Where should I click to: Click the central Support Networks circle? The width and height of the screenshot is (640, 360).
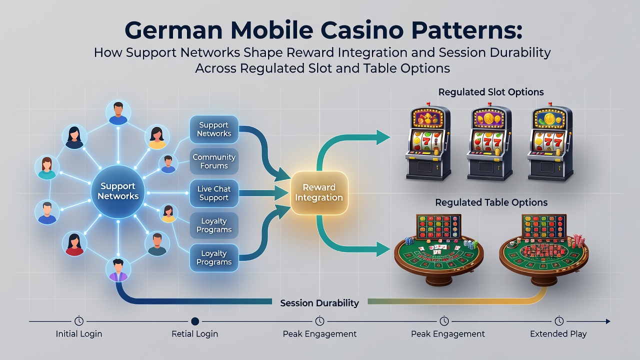point(118,191)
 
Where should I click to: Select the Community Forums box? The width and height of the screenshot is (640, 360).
point(214,161)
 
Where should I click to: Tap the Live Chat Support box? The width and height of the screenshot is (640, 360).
point(214,193)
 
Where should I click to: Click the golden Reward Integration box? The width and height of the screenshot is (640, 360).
point(319,192)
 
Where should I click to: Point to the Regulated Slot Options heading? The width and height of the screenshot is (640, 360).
point(491,92)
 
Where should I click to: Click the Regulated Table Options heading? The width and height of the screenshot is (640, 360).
point(491,202)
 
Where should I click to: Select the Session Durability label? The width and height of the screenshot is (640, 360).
point(319,303)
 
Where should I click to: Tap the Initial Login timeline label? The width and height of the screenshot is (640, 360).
point(79,333)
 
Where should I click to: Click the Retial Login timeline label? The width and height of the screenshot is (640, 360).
point(195,333)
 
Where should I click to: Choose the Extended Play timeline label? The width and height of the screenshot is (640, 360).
point(558,333)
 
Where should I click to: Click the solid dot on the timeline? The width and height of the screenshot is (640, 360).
point(195,321)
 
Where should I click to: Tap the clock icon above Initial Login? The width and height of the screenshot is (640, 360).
point(79,321)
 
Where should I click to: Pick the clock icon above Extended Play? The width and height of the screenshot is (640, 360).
point(559,321)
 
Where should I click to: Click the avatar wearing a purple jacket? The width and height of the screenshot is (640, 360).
point(118,270)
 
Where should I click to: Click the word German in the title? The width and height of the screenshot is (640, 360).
point(173,30)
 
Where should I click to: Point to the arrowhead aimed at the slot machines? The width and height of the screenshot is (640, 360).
point(383,137)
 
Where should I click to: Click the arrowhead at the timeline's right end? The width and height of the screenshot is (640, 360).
point(607,321)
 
